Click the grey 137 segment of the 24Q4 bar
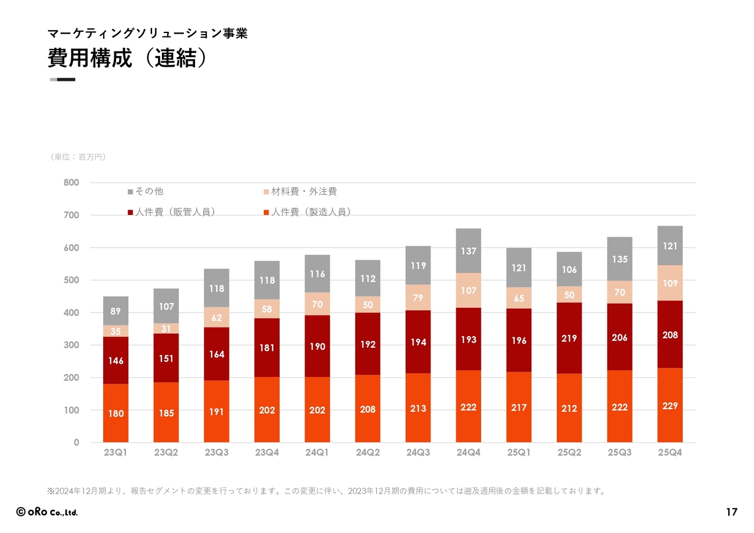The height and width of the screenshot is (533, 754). click(468, 251)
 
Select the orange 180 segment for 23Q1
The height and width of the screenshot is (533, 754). click(115, 413)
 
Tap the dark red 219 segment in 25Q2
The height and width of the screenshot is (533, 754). click(569, 338)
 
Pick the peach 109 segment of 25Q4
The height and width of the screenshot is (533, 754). click(670, 283)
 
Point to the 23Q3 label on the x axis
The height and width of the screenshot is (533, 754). click(216, 453)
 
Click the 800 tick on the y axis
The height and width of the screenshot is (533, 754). click(71, 183)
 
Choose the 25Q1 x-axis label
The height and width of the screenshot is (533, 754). click(518, 453)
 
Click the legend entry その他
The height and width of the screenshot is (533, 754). click(145, 192)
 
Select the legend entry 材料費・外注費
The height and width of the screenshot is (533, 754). click(300, 192)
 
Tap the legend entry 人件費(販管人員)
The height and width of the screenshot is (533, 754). click(171, 212)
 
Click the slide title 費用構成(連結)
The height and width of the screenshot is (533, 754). click(127, 58)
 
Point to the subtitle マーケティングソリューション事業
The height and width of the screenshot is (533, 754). click(147, 34)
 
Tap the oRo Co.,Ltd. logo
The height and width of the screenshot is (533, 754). click(47, 512)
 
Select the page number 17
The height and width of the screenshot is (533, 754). click(731, 512)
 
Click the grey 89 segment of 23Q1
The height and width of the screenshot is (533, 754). click(115, 311)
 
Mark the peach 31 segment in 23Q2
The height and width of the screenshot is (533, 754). click(166, 328)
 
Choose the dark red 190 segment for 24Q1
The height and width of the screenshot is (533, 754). click(317, 347)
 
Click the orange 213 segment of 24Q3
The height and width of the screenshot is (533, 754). click(418, 408)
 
